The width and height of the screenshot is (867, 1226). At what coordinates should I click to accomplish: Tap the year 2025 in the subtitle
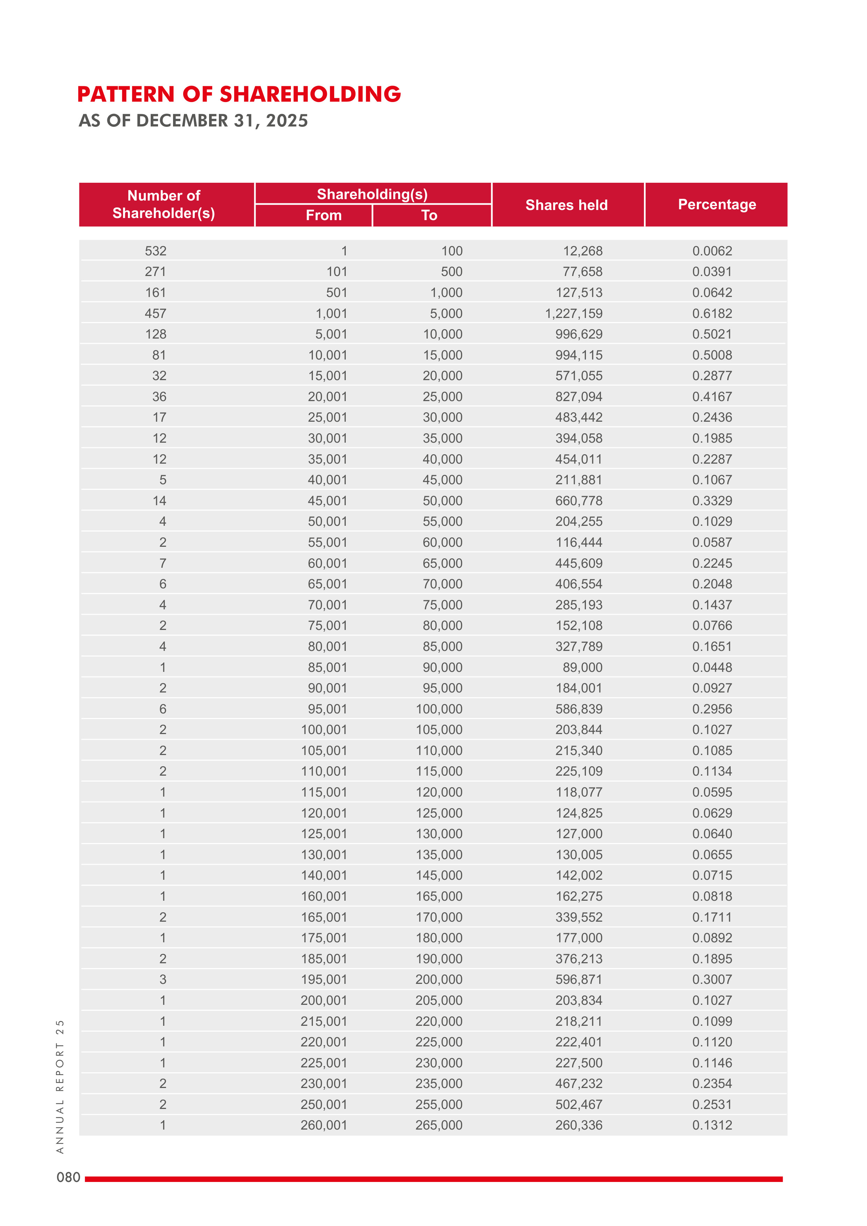point(287,121)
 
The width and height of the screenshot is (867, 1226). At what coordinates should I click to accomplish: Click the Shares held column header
point(566,205)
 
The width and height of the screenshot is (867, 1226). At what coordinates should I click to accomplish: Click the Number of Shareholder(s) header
point(164,204)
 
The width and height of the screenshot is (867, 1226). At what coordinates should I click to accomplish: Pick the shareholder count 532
point(156,251)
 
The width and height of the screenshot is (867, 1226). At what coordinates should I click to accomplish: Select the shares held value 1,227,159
point(573,313)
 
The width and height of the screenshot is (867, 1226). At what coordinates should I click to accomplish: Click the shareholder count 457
point(156,313)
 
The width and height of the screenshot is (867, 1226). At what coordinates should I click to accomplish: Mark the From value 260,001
point(324,1125)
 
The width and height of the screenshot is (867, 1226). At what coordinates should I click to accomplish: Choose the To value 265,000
point(439,1125)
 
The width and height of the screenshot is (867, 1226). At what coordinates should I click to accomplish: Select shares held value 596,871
point(579,979)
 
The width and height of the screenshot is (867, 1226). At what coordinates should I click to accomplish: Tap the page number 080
point(69,1177)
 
